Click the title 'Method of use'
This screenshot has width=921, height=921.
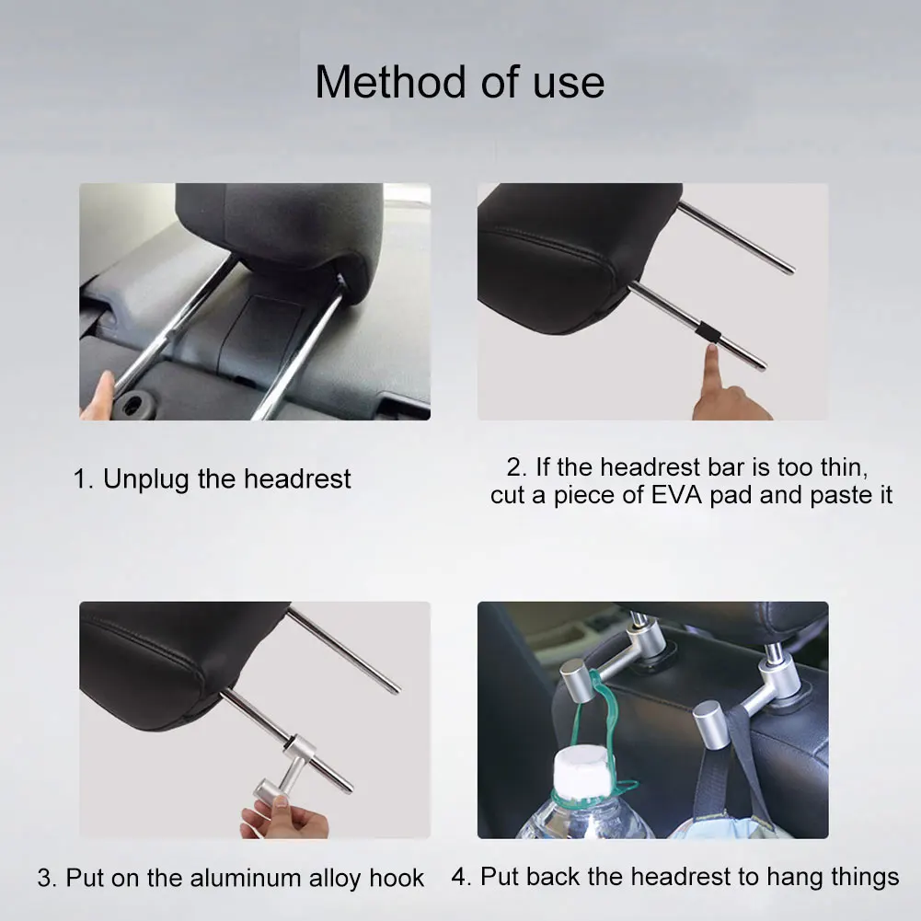[459, 82]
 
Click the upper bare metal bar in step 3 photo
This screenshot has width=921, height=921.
[342, 650]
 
